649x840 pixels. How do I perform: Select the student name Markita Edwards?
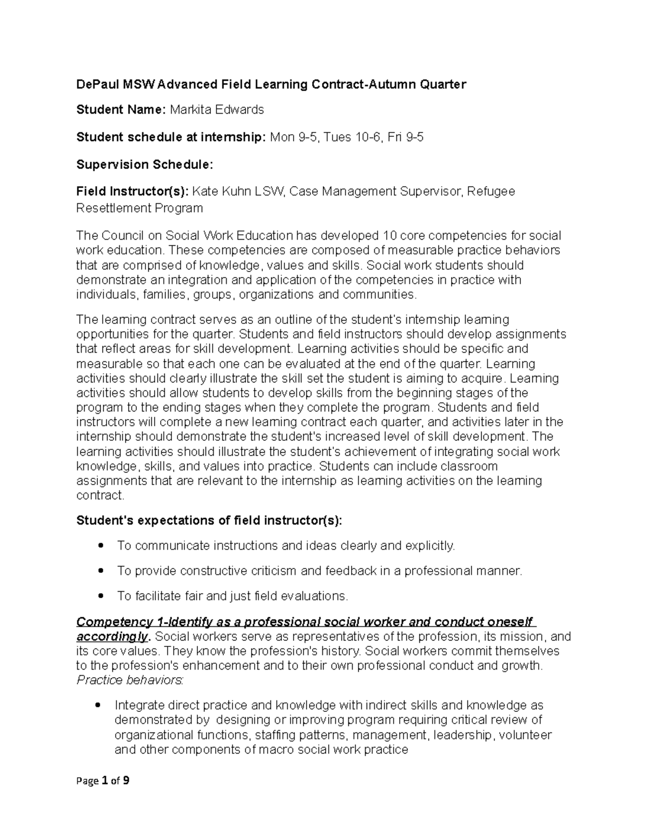(x=217, y=110)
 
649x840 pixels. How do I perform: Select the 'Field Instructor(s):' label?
(x=133, y=191)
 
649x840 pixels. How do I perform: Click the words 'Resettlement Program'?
(x=140, y=208)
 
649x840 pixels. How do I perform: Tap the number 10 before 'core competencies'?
(x=389, y=236)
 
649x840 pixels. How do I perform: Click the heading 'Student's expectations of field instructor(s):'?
(x=209, y=520)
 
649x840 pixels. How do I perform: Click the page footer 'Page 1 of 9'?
(x=103, y=781)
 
